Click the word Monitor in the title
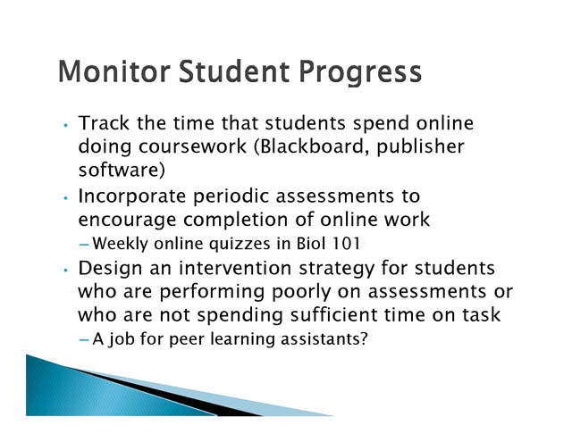pos(114,71)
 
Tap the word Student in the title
pos(234,71)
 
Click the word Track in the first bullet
pos(104,123)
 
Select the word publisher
pos(421,146)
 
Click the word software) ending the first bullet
pos(122,171)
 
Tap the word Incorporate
pos(132,197)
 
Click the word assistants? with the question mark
pos(324,339)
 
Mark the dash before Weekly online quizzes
pos(84,244)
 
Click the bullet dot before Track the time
pos(65,125)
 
